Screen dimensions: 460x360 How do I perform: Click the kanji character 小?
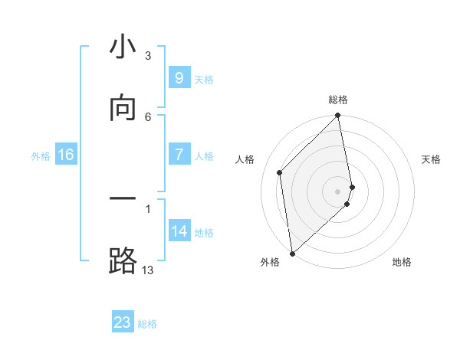point(123,48)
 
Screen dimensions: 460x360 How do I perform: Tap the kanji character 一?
point(123,201)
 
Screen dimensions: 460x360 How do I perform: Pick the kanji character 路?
point(123,260)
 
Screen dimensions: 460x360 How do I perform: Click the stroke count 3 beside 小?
point(148,56)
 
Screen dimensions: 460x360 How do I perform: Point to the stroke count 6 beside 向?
point(148,116)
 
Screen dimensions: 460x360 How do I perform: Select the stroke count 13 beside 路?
point(147,270)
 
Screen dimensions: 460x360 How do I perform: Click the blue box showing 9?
point(179,78)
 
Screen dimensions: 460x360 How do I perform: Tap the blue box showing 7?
point(179,155)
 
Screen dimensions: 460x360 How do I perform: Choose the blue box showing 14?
point(179,231)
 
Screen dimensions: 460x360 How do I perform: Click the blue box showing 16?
point(66,155)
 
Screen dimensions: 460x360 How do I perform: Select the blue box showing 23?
point(123,322)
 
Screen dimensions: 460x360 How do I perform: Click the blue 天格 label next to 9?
point(204,80)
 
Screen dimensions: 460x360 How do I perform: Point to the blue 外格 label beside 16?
point(41,156)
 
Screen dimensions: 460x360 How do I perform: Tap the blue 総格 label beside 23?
point(147,324)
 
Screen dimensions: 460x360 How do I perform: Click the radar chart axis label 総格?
point(338,100)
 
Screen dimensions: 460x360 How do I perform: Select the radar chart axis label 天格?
point(432,159)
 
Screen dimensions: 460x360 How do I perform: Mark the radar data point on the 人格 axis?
point(280,172)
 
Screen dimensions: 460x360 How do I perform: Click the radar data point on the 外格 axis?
point(292,253)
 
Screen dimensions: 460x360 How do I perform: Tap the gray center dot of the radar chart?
point(338,191)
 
